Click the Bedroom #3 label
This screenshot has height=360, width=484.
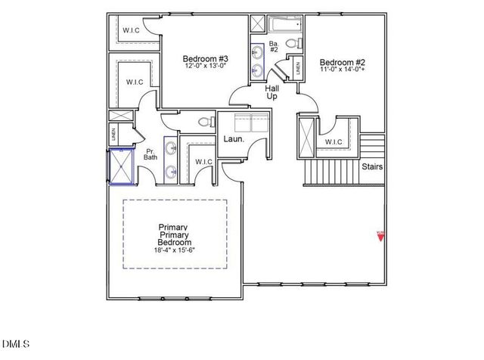coord(206,58)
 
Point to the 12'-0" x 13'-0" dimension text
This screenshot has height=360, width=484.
coord(206,67)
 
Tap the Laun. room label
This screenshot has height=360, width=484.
coord(232,139)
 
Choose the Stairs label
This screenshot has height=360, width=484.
coord(372,166)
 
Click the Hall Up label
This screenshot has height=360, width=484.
coord(272,93)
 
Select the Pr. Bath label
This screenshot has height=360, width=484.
coord(151,154)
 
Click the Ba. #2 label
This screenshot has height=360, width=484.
coord(275,48)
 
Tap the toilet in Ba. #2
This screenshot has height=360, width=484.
coord(299,42)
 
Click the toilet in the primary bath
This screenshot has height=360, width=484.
coord(203,122)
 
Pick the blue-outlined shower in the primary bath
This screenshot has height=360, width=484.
coord(121,166)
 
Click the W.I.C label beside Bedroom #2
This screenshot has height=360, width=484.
coord(334,142)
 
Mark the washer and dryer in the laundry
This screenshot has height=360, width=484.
coord(251,124)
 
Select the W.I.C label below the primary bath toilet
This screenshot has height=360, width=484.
coord(203,162)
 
